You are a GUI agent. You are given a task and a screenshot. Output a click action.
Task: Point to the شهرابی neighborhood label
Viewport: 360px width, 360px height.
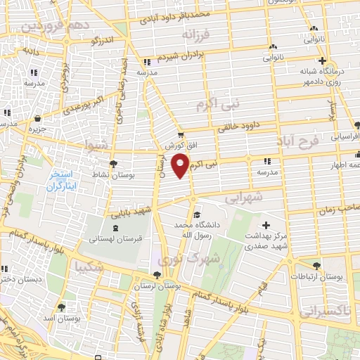pyautogui.click(x=246, y=199)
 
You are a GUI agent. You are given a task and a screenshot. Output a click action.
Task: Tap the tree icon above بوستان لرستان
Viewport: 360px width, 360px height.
pyautogui.click(x=156, y=276)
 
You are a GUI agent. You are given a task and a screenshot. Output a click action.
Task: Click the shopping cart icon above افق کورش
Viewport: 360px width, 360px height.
pyautogui.click(x=181, y=134)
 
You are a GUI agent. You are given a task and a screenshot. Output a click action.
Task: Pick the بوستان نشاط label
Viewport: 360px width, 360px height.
pyautogui.click(x=110, y=173)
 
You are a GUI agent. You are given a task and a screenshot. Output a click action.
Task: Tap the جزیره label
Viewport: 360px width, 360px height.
pyautogui.click(x=37, y=129)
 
